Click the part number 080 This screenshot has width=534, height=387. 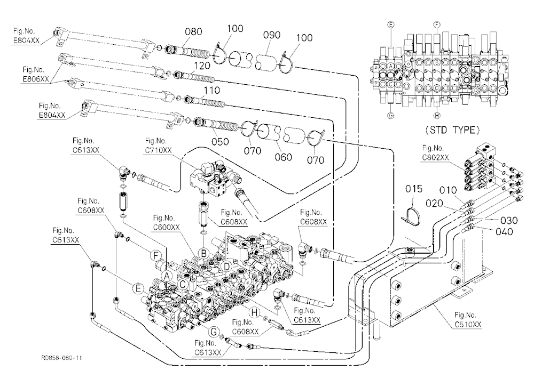pos(193,31)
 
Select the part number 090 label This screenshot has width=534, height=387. pos(272,35)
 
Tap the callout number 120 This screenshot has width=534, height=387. pos(202,66)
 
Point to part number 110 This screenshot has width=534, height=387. pos(211,91)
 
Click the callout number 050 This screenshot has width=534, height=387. pos(220,141)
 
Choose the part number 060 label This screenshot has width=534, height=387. pos(284,157)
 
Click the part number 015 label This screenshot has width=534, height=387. pos(413,189)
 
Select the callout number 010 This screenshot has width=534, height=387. pos(448,190)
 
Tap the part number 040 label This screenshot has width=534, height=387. pos(505,232)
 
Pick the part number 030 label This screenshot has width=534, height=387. pos(509,221)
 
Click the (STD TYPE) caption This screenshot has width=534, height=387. pos(453,130)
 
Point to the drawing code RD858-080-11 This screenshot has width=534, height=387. pos(61,358)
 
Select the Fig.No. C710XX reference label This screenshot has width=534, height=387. pos(159,146)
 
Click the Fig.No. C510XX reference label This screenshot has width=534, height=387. pos(468,320)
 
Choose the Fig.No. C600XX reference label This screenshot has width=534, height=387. pos(166,222)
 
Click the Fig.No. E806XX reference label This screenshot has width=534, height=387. pos(36,75)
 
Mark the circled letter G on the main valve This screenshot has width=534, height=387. pos(214,332)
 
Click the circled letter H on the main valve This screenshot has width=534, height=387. pos(254,312)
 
